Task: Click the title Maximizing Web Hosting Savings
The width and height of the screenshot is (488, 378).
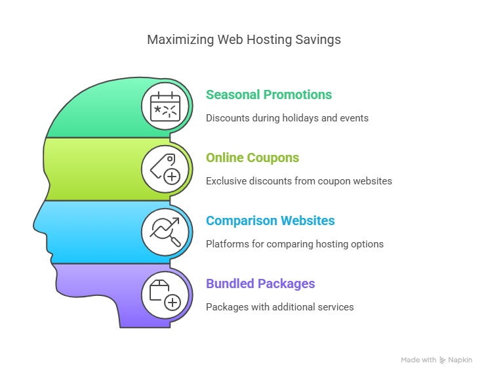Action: [244, 40]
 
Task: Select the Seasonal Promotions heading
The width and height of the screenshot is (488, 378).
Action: [269, 94]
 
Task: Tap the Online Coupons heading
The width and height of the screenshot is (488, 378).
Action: [253, 158]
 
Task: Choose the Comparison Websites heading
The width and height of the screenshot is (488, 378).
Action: [270, 220]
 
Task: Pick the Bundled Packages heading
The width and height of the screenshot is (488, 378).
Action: [260, 284]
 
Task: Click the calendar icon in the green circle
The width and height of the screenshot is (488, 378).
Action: [165, 106]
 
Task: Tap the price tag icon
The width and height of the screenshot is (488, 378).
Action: [165, 169]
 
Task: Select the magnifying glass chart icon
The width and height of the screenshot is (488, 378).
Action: [165, 232]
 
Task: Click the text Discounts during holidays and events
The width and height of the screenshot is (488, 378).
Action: [287, 118]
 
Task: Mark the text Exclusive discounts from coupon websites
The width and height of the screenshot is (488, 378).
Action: [299, 181]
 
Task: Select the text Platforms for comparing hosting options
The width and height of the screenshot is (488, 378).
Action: [295, 244]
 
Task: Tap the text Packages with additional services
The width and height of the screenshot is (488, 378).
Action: [280, 307]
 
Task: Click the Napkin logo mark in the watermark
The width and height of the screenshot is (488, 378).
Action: [442, 360]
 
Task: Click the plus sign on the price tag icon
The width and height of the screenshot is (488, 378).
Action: [172, 177]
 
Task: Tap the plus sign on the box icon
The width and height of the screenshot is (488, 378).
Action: [173, 303]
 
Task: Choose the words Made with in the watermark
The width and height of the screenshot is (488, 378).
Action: [418, 360]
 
